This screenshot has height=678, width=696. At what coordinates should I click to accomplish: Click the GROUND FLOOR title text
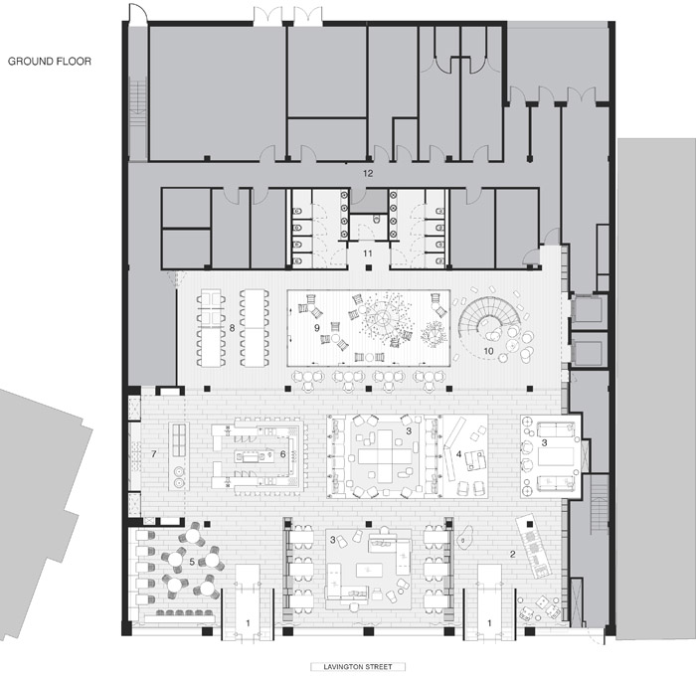tap(50, 62)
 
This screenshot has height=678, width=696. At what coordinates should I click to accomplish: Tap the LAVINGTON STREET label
tap(358, 666)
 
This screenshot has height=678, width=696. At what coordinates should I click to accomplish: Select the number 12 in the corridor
tap(368, 173)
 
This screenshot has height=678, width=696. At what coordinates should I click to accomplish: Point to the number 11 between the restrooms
tap(368, 254)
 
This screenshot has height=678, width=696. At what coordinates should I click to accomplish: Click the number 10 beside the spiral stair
tap(488, 351)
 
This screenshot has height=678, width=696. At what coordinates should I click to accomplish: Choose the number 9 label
tap(316, 328)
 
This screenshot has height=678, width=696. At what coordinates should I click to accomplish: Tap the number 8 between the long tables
tap(232, 328)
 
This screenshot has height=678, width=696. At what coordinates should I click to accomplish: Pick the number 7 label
tap(153, 453)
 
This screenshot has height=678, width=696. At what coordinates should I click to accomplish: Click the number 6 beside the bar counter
tap(282, 454)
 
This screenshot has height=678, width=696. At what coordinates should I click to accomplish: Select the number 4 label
tap(459, 454)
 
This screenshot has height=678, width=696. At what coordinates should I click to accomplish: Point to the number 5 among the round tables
tap(192, 562)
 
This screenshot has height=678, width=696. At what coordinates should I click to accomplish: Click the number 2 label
tap(513, 554)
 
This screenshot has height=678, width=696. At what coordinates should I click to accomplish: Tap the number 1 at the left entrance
tap(248, 623)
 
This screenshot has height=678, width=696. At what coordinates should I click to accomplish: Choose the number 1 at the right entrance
tap(489, 623)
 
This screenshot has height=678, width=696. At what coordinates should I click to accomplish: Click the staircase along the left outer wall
tap(137, 101)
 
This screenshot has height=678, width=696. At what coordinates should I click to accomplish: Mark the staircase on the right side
tap(600, 504)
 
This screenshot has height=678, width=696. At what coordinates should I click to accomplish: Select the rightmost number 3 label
tap(544, 442)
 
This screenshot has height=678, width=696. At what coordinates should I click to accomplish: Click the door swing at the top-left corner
tap(137, 12)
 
